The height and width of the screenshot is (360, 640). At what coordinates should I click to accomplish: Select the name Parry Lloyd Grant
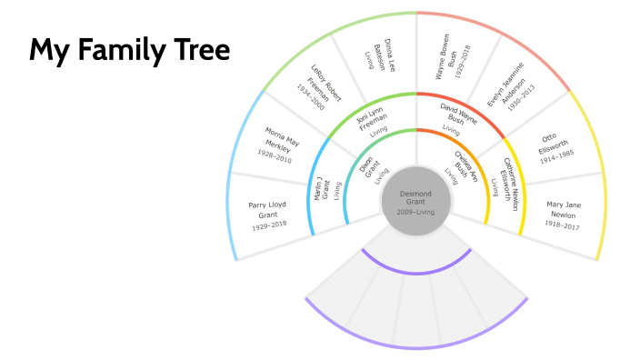coord(267,210)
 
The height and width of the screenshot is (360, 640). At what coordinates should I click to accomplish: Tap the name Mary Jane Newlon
coord(563,209)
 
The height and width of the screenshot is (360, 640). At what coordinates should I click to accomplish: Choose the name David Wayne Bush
coord(458,115)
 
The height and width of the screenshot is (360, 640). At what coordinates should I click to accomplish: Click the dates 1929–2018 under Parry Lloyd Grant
coord(267,224)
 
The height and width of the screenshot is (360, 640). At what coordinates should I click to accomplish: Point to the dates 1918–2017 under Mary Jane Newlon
coord(563,223)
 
